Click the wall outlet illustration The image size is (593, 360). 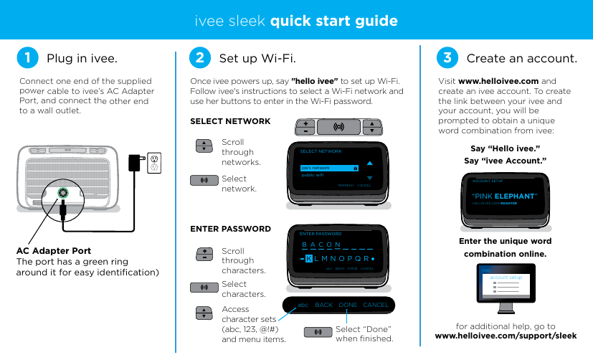(x=153, y=163)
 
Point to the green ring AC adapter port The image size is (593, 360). (x=63, y=191)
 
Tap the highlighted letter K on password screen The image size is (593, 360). (x=308, y=259)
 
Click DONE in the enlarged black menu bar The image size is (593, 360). (x=348, y=305)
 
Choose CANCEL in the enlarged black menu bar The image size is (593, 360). (x=376, y=305)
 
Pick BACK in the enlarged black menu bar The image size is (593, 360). (x=323, y=305)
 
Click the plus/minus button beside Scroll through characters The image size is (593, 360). (x=204, y=255)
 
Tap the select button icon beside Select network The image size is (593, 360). (x=204, y=179)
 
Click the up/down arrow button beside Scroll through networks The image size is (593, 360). (x=204, y=146)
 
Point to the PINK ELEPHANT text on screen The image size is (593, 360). (x=504, y=196)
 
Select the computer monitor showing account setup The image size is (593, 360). (x=510, y=285)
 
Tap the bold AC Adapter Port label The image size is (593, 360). (x=54, y=251)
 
